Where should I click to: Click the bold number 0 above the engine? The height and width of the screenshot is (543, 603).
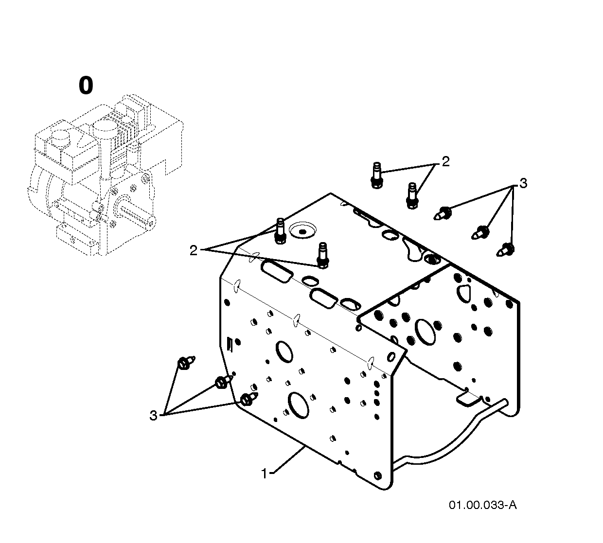click(x=86, y=86)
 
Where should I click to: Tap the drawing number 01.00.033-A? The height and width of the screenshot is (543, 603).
click(x=483, y=505)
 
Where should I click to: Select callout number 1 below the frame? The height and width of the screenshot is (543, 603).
click(x=264, y=473)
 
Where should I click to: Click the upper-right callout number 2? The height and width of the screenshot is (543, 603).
click(x=445, y=162)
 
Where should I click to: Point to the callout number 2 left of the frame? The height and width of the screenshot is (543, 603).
click(x=193, y=250)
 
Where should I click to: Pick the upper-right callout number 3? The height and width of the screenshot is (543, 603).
click(x=523, y=183)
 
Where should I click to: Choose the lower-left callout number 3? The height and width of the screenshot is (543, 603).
click(x=153, y=416)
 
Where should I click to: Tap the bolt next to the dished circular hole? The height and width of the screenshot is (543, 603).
click(x=280, y=231)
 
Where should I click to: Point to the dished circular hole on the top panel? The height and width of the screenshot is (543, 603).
click(x=302, y=230)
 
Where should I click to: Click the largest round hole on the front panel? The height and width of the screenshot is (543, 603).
click(x=298, y=405)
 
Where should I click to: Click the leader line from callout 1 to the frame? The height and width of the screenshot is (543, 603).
click(x=289, y=460)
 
